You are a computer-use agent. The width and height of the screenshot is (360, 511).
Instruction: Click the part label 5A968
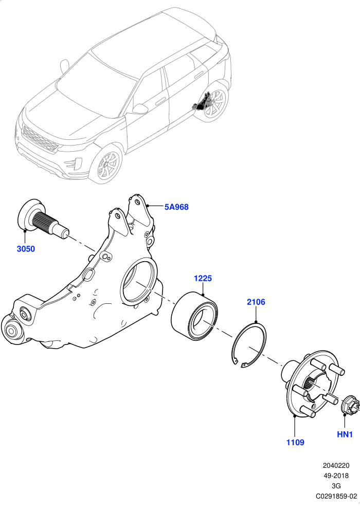[x=176, y=207]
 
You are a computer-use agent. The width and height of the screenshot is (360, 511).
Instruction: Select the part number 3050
[x=26, y=249]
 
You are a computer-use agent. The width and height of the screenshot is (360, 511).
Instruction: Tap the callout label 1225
[x=203, y=278]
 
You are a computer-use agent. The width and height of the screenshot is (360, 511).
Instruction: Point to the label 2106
[x=256, y=302]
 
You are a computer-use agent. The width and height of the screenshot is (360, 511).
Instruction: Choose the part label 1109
[x=295, y=442]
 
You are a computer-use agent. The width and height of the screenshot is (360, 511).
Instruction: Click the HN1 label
[x=345, y=434]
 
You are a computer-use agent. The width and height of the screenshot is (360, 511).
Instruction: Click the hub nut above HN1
[x=350, y=405]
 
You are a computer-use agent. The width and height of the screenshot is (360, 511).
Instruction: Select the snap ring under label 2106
[x=249, y=344]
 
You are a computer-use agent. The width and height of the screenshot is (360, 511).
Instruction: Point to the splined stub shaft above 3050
[x=44, y=220]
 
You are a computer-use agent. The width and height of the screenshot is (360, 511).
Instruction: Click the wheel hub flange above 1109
[x=313, y=385]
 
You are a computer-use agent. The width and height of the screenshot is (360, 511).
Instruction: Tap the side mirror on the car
[x=140, y=109]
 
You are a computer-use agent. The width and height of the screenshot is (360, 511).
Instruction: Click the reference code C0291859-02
[x=336, y=496]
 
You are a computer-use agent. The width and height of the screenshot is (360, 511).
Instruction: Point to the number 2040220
[x=336, y=466]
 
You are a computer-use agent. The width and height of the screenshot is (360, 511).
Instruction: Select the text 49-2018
[x=336, y=476]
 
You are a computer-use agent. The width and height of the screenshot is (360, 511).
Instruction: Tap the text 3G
[x=336, y=486]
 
